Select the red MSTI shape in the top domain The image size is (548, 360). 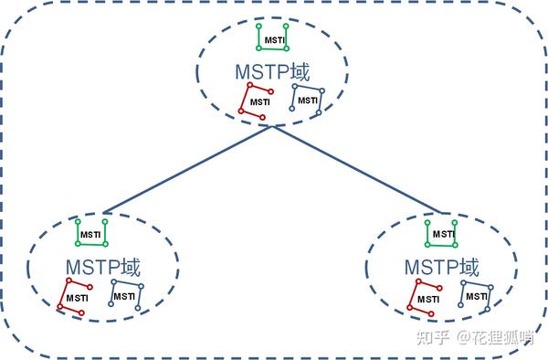tap(256, 101)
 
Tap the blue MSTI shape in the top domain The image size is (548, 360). tap(307, 99)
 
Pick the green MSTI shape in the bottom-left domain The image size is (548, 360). tap(91, 233)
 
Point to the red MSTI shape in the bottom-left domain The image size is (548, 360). tap(75, 296)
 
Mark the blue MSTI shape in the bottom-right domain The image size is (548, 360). tap(477, 294)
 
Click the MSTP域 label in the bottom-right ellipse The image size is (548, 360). tap(441, 266)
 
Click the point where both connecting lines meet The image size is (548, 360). tap(271, 126)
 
